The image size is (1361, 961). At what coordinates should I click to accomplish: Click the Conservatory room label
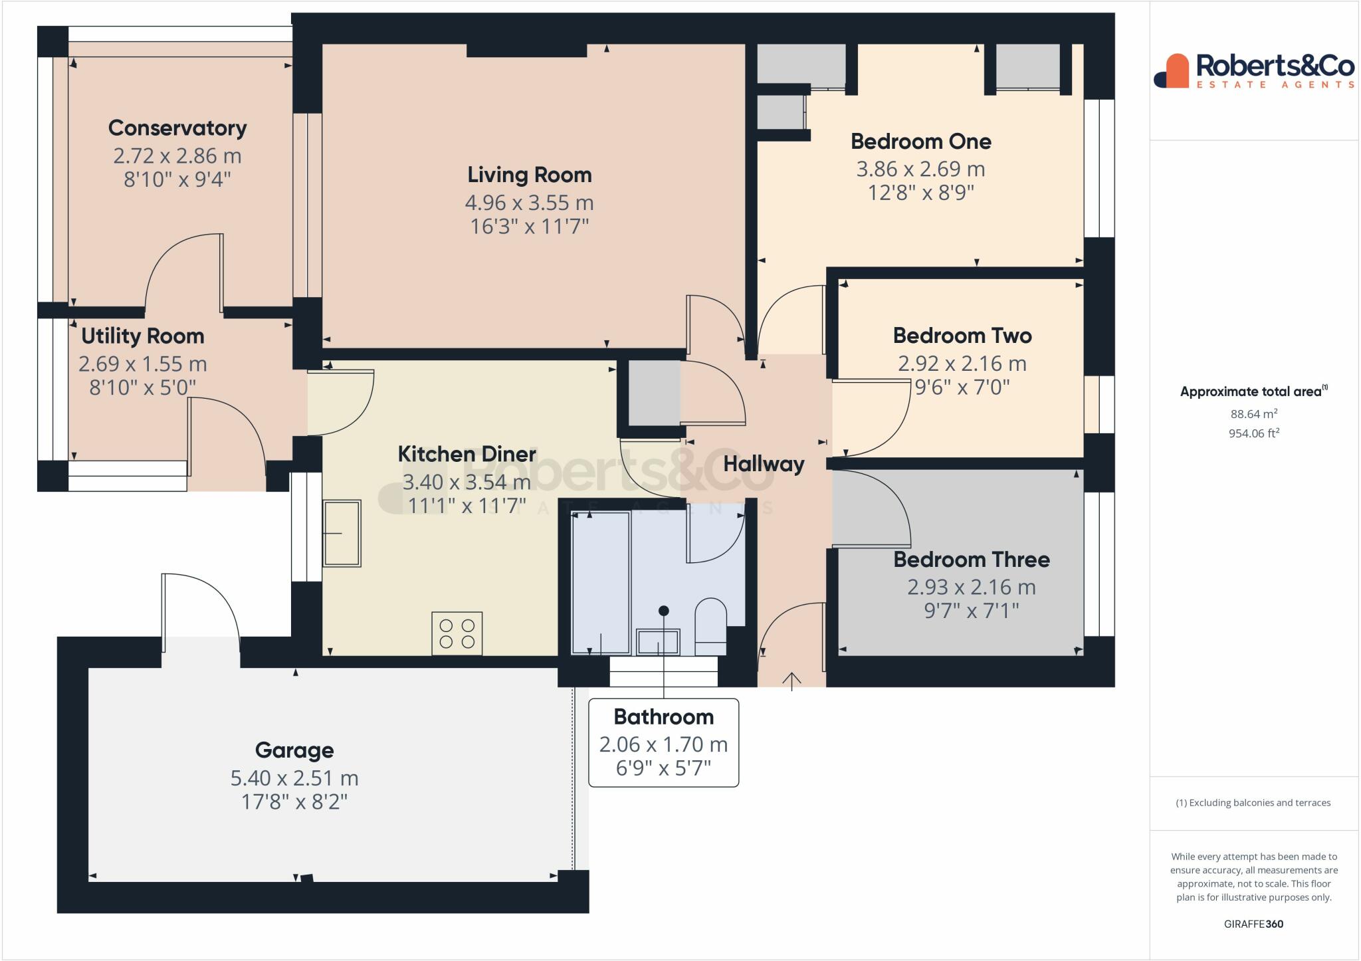tap(177, 128)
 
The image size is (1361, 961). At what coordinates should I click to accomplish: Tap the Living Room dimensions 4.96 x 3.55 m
tap(529, 202)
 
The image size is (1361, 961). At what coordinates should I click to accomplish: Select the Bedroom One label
tap(920, 141)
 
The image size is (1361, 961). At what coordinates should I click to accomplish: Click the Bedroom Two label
tap(962, 335)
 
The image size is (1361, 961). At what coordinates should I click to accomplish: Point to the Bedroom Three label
tap(971, 559)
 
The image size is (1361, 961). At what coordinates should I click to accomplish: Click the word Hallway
tap(764, 463)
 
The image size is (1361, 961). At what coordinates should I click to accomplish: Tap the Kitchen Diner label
tap(467, 454)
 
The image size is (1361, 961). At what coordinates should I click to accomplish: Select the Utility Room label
tap(142, 336)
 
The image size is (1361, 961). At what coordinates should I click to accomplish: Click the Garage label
tap(294, 750)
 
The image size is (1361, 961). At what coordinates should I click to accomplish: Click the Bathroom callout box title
tap(663, 716)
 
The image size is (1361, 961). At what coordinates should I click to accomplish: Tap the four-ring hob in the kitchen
tap(457, 633)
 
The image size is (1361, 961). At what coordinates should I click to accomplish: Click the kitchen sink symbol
tap(342, 533)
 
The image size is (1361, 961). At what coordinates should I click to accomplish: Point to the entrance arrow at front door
tap(791, 681)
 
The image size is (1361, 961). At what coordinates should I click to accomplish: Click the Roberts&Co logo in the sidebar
tap(1253, 71)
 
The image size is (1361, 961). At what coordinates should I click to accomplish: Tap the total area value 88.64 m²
tap(1253, 413)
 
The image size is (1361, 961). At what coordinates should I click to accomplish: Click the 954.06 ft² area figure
tap(1253, 433)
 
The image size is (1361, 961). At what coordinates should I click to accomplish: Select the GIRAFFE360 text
tap(1253, 924)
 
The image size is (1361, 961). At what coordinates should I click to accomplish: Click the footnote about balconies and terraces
tap(1253, 803)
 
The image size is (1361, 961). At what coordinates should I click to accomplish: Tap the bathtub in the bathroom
tap(601, 583)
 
